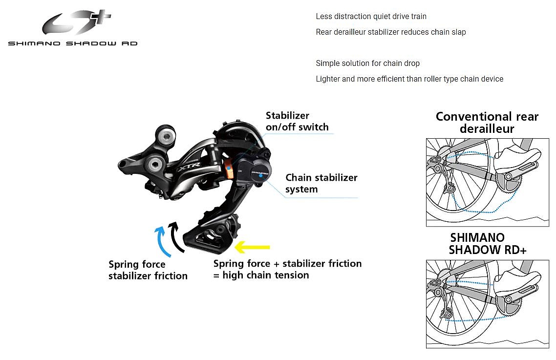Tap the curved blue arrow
click(162, 240)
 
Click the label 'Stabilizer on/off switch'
click(297, 122)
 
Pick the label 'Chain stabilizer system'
click(321, 183)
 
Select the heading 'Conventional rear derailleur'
click(487, 123)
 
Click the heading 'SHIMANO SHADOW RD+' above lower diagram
click(484, 244)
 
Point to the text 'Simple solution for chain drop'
click(367, 64)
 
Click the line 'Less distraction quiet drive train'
click(371, 17)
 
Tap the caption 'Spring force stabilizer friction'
click(148, 270)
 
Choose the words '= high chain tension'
click(261, 275)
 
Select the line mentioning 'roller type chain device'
click(409, 79)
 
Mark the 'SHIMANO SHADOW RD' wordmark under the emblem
click(73, 43)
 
